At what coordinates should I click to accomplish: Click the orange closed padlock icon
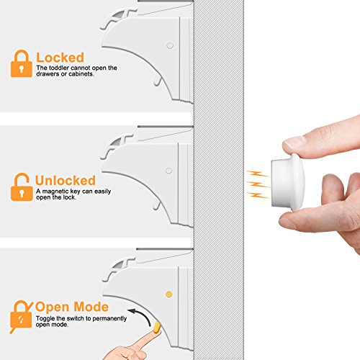tap(22, 63)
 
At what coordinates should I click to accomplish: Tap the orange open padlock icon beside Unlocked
tap(22, 187)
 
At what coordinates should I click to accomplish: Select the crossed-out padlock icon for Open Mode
tap(21, 316)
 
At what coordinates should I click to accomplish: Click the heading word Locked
tap(60, 58)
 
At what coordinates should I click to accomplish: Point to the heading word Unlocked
tap(66, 181)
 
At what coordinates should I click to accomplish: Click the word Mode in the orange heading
tap(91, 307)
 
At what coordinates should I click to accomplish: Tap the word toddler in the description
tap(59, 68)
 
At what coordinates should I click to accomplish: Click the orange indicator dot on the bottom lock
tap(169, 294)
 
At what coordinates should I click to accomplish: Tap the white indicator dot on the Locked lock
tap(170, 45)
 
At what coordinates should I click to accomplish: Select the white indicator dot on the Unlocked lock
tap(168, 171)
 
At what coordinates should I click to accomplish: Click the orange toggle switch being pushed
tap(157, 327)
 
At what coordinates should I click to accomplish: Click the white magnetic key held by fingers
tap(288, 182)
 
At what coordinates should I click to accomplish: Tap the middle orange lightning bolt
tap(257, 185)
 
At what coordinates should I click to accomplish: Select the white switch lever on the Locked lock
tap(158, 81)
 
